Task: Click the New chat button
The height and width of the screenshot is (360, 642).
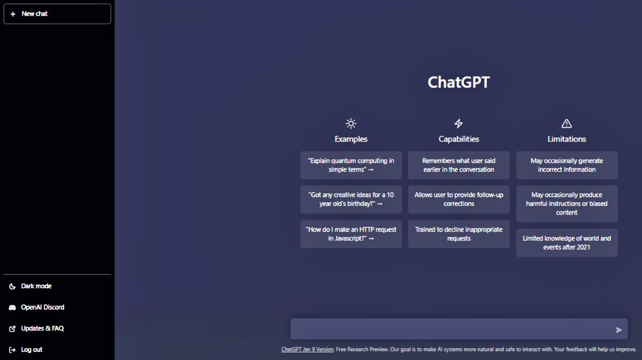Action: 57,14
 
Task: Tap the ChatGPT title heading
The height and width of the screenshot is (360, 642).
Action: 458,82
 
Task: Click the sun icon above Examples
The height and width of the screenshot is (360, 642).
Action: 351,124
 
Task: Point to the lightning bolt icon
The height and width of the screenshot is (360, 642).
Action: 458,124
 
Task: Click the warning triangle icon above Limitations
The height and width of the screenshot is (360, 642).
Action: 567,124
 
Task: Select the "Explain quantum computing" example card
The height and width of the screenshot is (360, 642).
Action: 351,165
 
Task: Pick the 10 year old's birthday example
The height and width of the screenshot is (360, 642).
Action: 351,199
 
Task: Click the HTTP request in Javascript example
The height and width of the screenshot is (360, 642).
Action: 351,234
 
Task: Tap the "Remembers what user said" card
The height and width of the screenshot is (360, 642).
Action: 459,165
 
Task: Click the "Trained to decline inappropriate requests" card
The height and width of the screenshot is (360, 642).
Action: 459,234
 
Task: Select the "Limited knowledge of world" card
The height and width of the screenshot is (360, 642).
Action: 567,243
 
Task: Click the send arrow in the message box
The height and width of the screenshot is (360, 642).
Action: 619,330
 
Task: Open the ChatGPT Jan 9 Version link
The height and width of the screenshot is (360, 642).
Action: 307,349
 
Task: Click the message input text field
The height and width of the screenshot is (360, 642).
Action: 452,329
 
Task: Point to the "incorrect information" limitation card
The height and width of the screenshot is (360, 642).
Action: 567,165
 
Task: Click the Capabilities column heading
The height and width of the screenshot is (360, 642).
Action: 458,139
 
